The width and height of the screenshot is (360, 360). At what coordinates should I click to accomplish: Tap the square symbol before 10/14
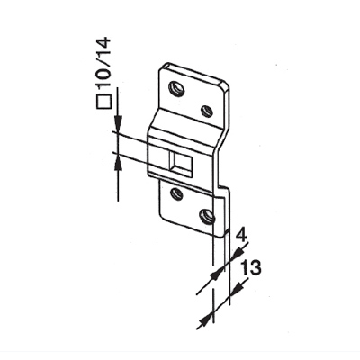click(103, 101)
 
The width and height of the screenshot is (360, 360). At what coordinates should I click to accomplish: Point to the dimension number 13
click(250, 267)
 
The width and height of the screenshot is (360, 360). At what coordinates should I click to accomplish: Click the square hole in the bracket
click(180, 165)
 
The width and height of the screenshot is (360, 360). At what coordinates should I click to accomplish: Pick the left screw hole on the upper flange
click(176, 88)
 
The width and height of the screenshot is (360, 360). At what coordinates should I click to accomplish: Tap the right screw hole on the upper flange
click(207, 111)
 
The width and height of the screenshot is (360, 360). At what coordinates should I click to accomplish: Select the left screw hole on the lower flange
click(176, 193)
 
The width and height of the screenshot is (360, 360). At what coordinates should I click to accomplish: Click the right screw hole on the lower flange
click(207, 216)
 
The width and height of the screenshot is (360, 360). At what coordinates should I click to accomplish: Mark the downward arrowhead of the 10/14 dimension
click(119, 123)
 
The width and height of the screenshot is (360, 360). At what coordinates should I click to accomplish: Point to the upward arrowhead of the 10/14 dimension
click(119, 160)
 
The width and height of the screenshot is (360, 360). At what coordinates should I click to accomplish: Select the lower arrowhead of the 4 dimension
click(218, 273)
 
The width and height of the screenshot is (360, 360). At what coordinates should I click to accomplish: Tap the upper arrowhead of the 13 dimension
click(236, 289)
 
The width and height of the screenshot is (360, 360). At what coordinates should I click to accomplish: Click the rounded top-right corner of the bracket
click(226, 85)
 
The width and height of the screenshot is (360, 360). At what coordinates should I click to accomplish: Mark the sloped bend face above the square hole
click(186, 123)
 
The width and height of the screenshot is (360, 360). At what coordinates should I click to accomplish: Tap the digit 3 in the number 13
click(255, 267)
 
